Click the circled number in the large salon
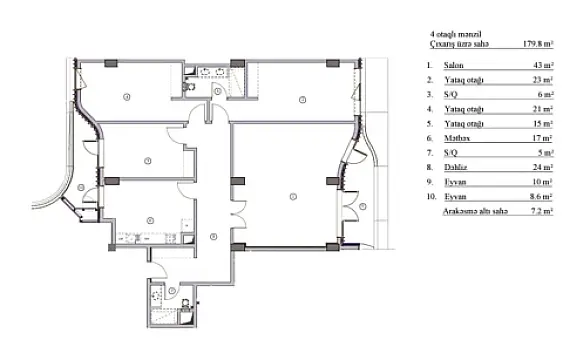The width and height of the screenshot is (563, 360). click(x=292, y=194)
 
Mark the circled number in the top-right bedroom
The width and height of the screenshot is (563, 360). click(x=300, y=98)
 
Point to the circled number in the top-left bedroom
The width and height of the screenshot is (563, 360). click(x=127, y=97)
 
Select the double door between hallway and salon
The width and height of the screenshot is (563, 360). click(x=233, y=213)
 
